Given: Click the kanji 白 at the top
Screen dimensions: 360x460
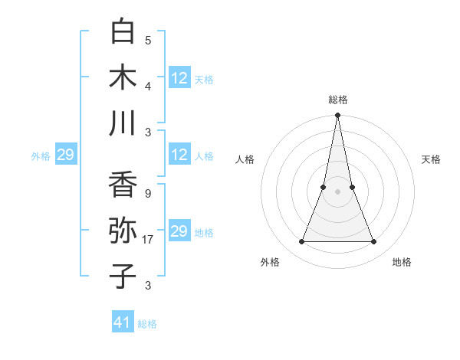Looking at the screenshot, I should point(123,32).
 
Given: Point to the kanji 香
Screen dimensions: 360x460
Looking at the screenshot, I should point(123,185).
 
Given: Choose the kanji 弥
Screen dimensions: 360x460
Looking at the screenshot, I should point(123,231).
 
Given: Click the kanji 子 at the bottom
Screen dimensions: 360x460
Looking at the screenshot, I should point(123,276).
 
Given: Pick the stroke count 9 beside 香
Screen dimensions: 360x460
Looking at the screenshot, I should point(147,194).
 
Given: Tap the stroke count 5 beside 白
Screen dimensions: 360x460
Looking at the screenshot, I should point(147,41).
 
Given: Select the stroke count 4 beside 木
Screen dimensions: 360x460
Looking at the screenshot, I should point(147,86).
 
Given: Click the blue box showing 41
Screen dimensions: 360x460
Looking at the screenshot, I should point(123,322).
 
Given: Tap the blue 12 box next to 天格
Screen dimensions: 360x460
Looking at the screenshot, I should point(179,77).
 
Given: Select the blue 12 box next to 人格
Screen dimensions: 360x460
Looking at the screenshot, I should point(179,155).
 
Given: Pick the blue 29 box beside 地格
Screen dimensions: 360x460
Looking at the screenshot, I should point(179,231).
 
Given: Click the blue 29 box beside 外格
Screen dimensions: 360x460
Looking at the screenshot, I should point(65,155).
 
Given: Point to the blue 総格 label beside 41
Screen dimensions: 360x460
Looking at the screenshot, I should point(147,324).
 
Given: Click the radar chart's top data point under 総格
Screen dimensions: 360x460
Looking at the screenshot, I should point(337,116).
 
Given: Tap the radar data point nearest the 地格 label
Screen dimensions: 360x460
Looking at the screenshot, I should point(374,242).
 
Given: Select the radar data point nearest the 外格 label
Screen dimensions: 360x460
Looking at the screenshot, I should point(301,242).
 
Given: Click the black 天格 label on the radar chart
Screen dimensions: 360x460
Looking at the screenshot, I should point(431,159).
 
